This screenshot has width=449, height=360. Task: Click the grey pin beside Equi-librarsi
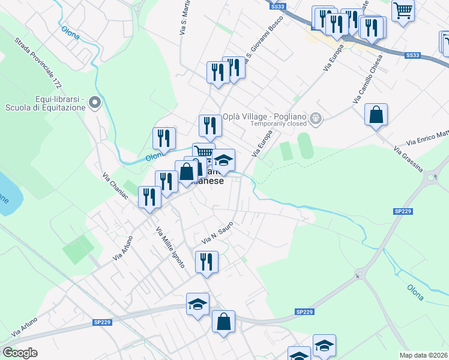[x=95, y=103]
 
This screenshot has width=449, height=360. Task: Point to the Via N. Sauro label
[x=217, y=233]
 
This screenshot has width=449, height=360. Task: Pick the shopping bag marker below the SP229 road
[x=223, y=322]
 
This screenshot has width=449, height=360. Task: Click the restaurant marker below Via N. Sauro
[x=206, y=262]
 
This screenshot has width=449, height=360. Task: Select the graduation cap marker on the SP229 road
[x=197, y=305]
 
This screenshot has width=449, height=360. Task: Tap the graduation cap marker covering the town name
[x=223, y=161]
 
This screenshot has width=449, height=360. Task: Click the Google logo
[x=20, y=353]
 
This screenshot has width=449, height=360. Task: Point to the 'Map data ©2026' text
[x=423, y=355]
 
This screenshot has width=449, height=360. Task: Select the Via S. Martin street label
[x=184, y=18]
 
